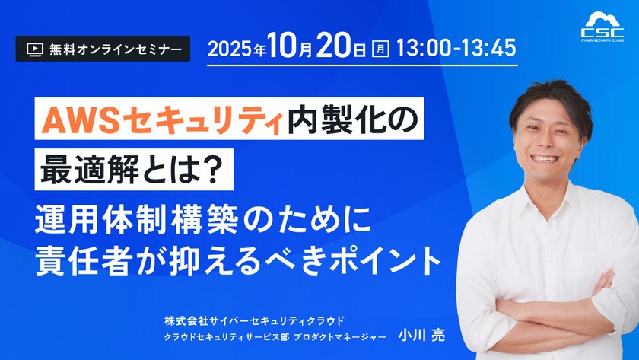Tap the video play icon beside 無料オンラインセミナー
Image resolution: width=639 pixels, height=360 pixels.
[x=34, y=49]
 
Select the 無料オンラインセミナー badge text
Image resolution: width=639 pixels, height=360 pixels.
[x=115, y=49]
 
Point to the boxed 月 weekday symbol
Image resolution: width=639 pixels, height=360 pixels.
[x=381, y=49]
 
